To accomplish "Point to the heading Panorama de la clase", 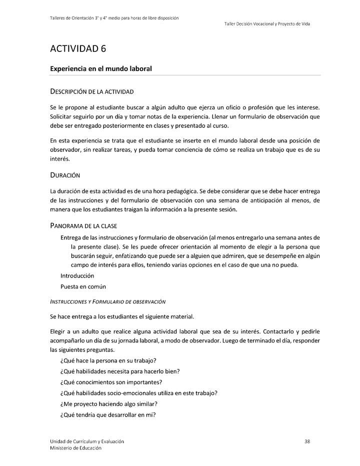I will [83, 225].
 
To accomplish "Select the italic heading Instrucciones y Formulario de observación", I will [108, 302].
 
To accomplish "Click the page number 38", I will [307, 441].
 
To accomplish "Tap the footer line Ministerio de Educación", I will [75, 448].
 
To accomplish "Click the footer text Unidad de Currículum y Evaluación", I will [87, 441].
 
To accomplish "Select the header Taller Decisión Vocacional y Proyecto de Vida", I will [267, 24].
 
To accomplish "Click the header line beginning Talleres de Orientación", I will [114, 18].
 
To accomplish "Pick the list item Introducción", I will [77, 275].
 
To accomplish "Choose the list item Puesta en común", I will [83, 286].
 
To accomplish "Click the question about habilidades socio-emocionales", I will [138, 392].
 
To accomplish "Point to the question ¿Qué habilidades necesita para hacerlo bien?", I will [119, 371].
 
